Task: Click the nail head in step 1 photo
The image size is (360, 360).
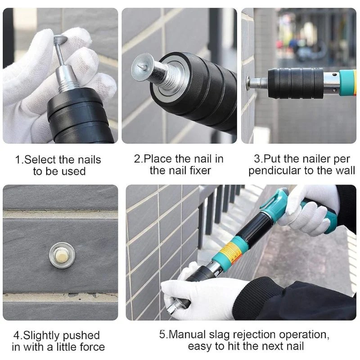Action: (60, 39)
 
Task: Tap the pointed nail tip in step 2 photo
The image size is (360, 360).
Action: (140, 67)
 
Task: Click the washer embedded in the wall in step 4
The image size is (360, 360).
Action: (62, 255)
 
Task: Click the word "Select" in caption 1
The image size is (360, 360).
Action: (40, 160)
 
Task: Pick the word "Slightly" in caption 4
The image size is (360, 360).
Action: (41, 336)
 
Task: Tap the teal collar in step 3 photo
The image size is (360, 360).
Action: (346, 82)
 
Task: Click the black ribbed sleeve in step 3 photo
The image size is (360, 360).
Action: (296, 83)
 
